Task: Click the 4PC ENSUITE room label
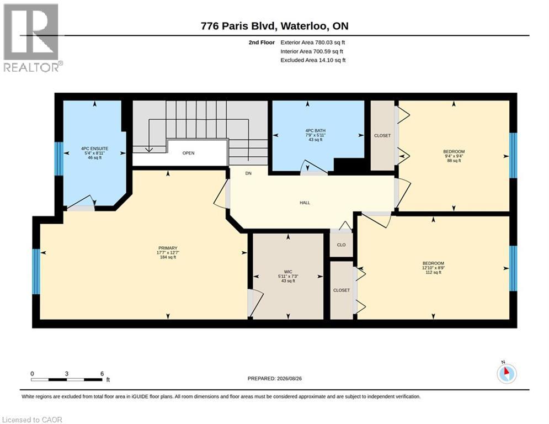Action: pyautogui.click(x=94, y=149)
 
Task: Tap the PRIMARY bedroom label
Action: pyautogui.click(x=168, y=248)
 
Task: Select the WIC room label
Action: pyautogui.click(x=288, y=272)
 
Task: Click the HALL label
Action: pyautogui.click(x=305, y=203)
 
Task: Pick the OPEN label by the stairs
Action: pyautogui.click(x=188, y=153)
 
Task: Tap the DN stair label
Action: pyautogui.click(x=248, y=173)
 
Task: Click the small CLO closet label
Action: pyautogui.click(x=342, y=245)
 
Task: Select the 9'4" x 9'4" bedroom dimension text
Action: pyautogui.click(x=454, y=156)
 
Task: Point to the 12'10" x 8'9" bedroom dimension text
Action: pyautogui.click(x=433, y=268)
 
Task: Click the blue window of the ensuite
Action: pyautogui.click(x=59, y=158)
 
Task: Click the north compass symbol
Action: pyautogui.click(x=507, y=373)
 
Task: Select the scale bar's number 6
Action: pyautogui.click(x=102, y=374)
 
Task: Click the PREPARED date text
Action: pyautogui.click(x=275, y=378)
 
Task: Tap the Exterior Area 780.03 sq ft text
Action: pyautogui.click(x=313, y=43)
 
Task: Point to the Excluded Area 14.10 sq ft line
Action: pyautogui.click(x=313, y=60)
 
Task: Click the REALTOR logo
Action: pyautogui.click(x=31, y=38)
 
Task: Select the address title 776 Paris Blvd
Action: pyautogui.click(x=239, y=26)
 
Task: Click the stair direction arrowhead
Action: pyautogui.click(x=149, y=150)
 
